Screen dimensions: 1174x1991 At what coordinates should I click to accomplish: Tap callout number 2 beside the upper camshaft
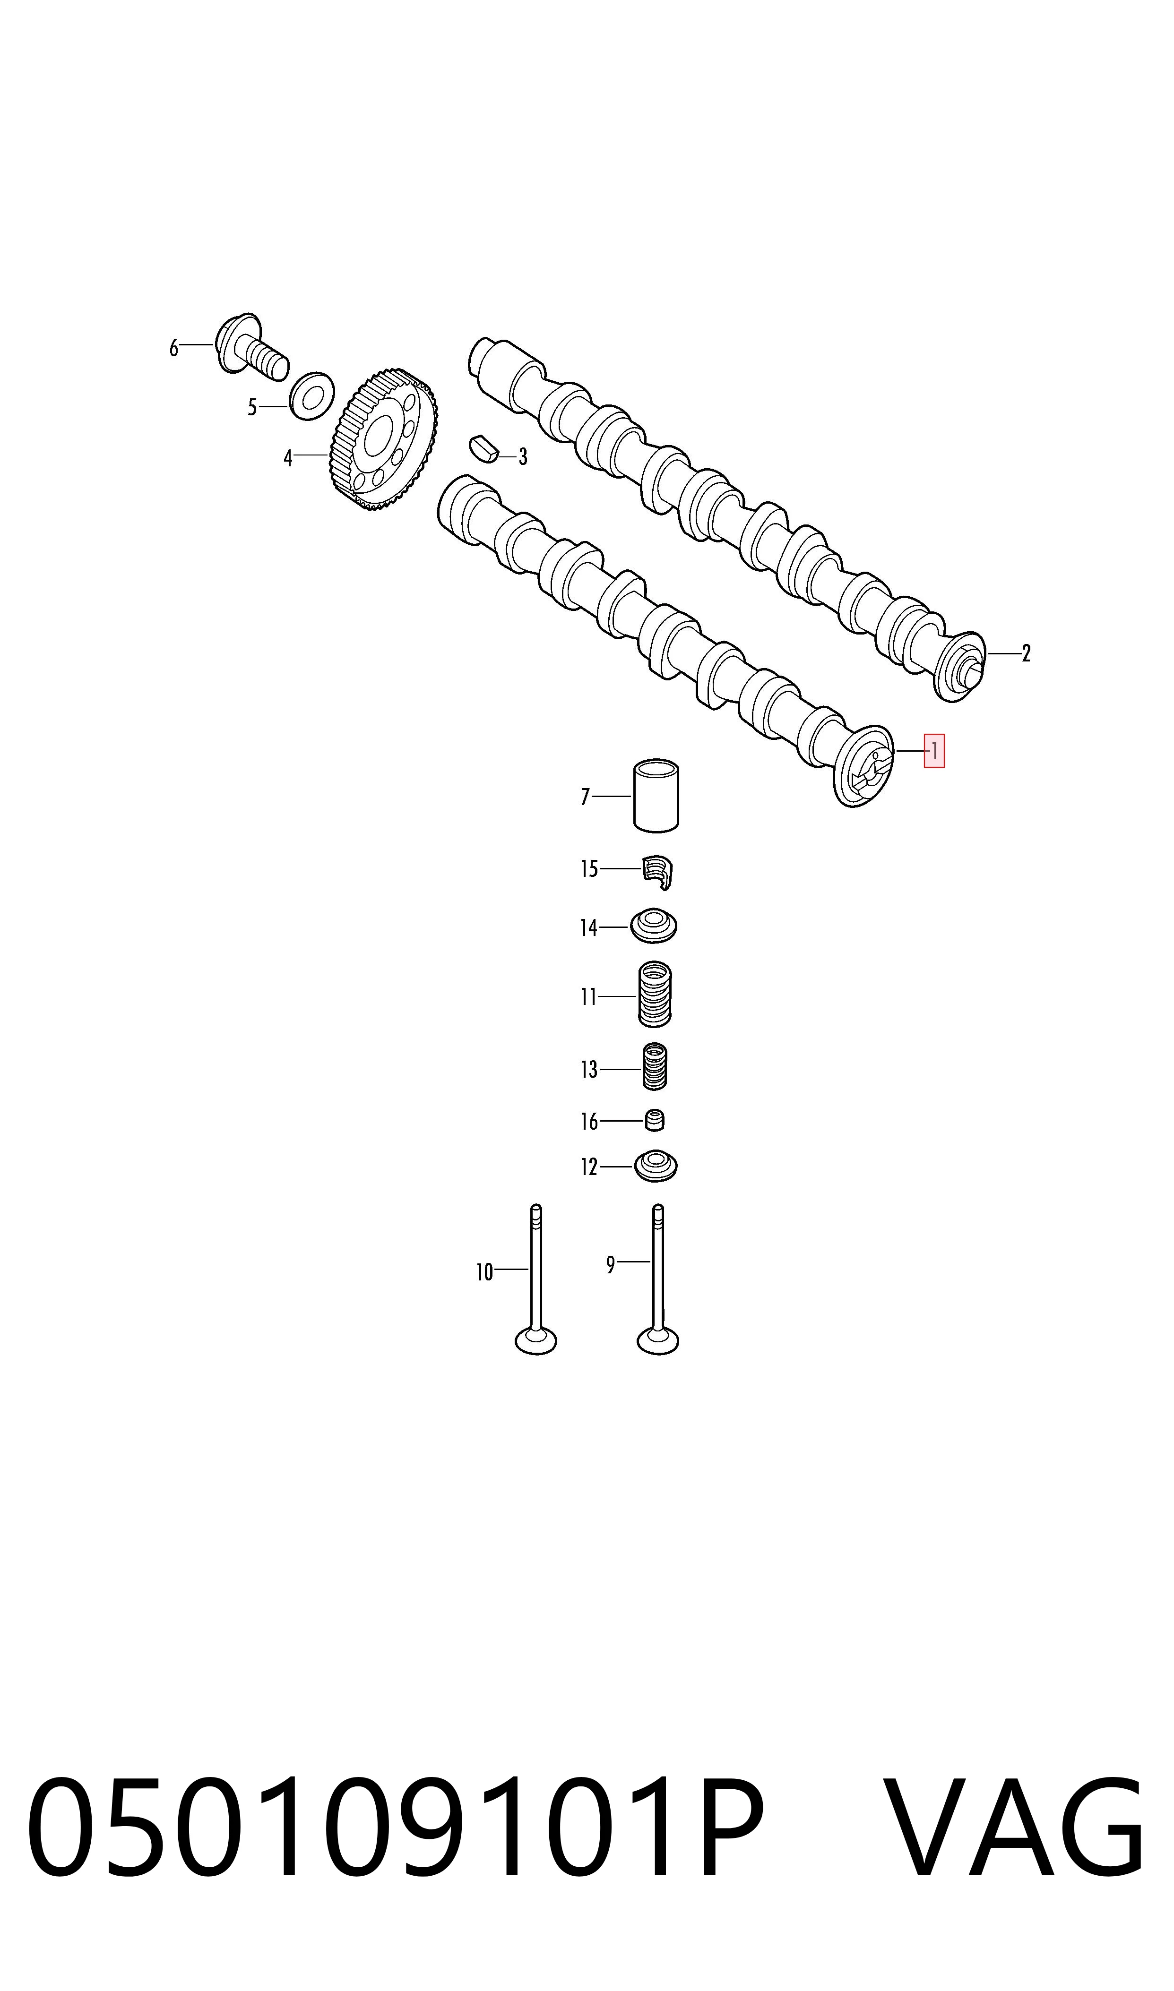click(x=1026, y=653)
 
